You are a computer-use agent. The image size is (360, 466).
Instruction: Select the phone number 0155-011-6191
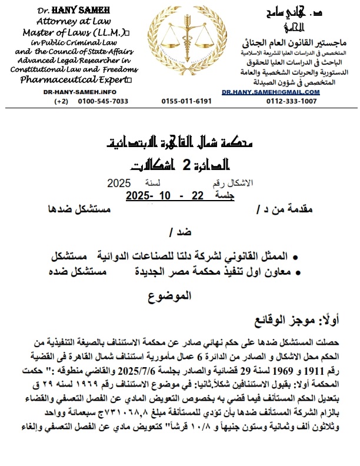[186, 101]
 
